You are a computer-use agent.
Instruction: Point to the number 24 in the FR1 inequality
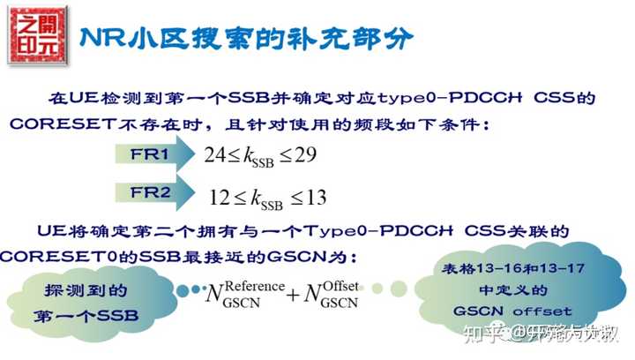[x=214, y=154]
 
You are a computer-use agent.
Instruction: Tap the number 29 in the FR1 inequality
[x=305, y=154]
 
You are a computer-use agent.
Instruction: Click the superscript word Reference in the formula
[x=256, y=286]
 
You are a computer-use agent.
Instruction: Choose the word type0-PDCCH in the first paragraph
[x=447, y=98]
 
